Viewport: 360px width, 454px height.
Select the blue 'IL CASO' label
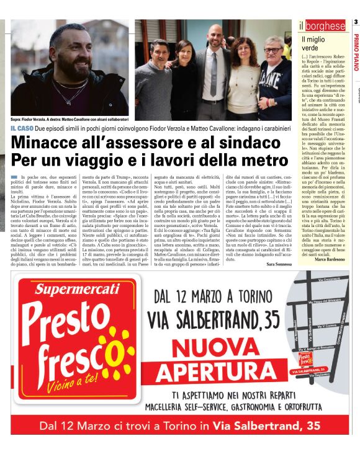(21, 128)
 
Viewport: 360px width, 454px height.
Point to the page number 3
(356, 23)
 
